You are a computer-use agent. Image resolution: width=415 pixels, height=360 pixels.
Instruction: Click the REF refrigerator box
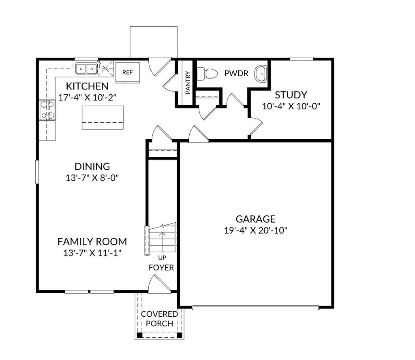128,72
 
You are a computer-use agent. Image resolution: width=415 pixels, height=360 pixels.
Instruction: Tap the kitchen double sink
86,69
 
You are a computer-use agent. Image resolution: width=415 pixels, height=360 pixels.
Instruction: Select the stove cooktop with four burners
47,110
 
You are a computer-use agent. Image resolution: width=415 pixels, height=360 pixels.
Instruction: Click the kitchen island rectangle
103,117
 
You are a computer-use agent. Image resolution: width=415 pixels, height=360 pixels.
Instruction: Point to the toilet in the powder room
207,74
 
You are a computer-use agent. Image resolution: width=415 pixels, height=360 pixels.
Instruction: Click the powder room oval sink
259,74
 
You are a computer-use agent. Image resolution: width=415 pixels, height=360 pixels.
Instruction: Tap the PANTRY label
187,83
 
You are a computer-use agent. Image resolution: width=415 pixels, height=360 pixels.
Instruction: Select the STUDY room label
291,95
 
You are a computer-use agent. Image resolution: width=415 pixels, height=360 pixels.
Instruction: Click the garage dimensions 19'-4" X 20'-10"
256,230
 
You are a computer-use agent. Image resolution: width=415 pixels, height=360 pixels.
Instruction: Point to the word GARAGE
256,219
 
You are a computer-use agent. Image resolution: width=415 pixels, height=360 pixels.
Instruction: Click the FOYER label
161,268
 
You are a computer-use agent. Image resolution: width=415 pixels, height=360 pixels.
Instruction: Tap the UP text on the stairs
162,258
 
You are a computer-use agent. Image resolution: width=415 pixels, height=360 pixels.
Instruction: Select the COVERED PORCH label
159,319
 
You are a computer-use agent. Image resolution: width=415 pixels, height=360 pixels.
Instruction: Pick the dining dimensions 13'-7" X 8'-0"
92,177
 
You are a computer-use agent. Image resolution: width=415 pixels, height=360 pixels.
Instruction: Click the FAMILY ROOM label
92,242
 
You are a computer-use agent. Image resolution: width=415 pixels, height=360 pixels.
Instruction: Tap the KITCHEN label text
87,86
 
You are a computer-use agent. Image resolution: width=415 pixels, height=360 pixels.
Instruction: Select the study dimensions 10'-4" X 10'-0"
291,107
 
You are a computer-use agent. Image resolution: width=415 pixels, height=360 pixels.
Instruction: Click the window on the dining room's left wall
36,172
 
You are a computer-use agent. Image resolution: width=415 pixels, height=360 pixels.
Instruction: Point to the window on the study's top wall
302,59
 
